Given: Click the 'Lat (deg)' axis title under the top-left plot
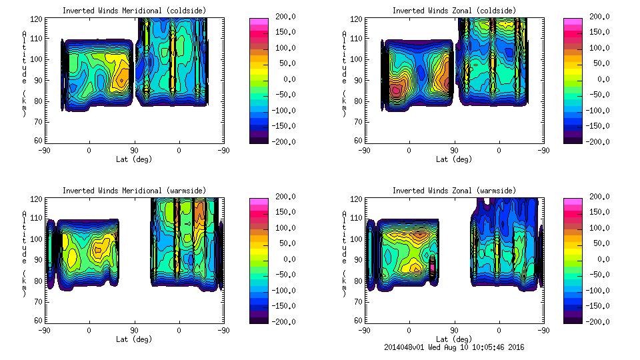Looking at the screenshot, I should [x=133, y=159].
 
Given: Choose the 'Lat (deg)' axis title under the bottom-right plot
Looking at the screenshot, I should [x=453, y=339].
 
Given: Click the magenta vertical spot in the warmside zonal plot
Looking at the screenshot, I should [x=431, y=265].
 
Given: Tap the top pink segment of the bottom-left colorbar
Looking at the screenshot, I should [x=259, y=201].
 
